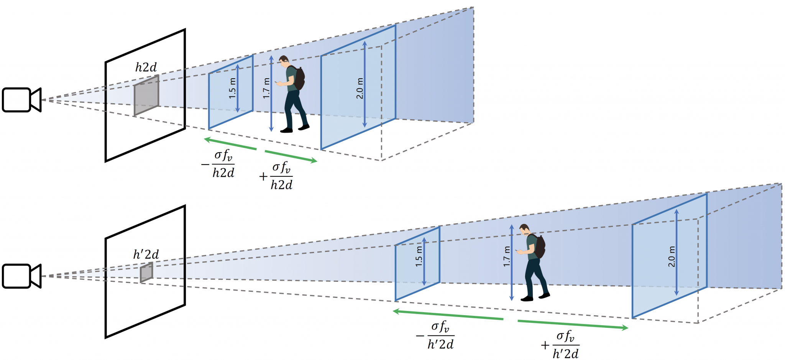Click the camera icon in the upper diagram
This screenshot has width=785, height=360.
coord(21,100)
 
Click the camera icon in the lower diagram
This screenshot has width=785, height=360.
coord(21,276)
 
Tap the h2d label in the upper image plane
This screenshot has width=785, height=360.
coord(146,67)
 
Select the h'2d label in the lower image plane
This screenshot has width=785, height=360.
coord(146,254)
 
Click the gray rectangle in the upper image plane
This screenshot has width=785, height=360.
coord(146,95)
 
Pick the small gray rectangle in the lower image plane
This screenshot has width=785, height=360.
coord(146,272)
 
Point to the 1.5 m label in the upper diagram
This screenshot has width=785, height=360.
coord(232,88)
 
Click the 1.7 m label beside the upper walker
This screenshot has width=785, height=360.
coord(266,88)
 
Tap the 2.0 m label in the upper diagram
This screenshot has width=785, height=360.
coord(360,88)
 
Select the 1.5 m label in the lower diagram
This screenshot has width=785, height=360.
coord(419,256)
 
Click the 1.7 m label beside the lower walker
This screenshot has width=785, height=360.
coord(507,256)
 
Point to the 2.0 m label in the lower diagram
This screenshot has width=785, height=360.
coord(671,256)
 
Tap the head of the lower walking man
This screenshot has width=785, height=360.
coord(524,230)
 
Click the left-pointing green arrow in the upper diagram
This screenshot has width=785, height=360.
coord(230,144)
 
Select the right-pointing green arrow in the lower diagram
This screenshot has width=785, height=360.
coord(573,324)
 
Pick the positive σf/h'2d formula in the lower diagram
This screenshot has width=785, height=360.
coord(560,345)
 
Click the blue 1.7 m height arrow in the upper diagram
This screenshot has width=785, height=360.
coord(271,94)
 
